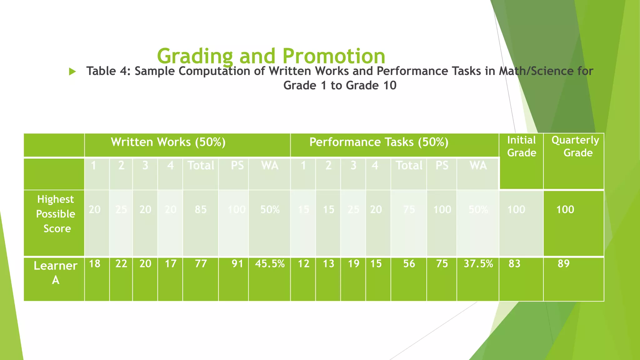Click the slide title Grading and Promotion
click(x=271, y=56)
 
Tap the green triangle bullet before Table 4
click(x=72, y=72)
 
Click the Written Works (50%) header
click(x=168, y=142)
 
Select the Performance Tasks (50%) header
click(x=379, y=142)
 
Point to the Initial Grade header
click(x=521, y=146)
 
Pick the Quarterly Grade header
click(x=575, y=146)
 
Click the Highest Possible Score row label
click(x=56, y=214)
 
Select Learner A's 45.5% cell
click(x=270, y=264)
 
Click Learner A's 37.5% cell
click(x=478, y=264)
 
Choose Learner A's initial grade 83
click(x=514, y=264)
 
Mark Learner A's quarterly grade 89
click(x=564, y=264)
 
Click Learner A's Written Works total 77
click(x=201, y=264)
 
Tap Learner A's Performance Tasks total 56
click(x=409, y=264)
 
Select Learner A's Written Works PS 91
click(x=237, y=264)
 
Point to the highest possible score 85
click(x=201, y=209)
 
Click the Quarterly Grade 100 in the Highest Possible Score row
click(x=565, y=209)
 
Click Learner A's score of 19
click(x=353, y=264)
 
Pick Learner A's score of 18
click(x=95, y=264)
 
